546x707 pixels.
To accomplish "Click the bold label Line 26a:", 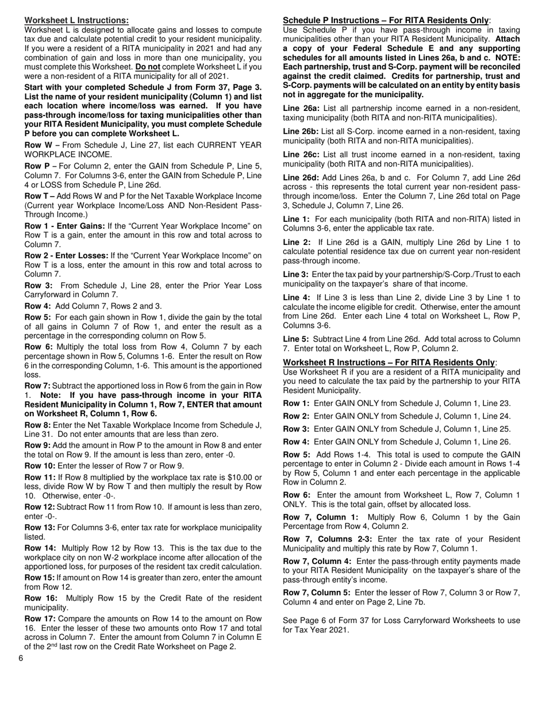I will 301,108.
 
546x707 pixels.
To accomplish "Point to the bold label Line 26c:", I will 301,155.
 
